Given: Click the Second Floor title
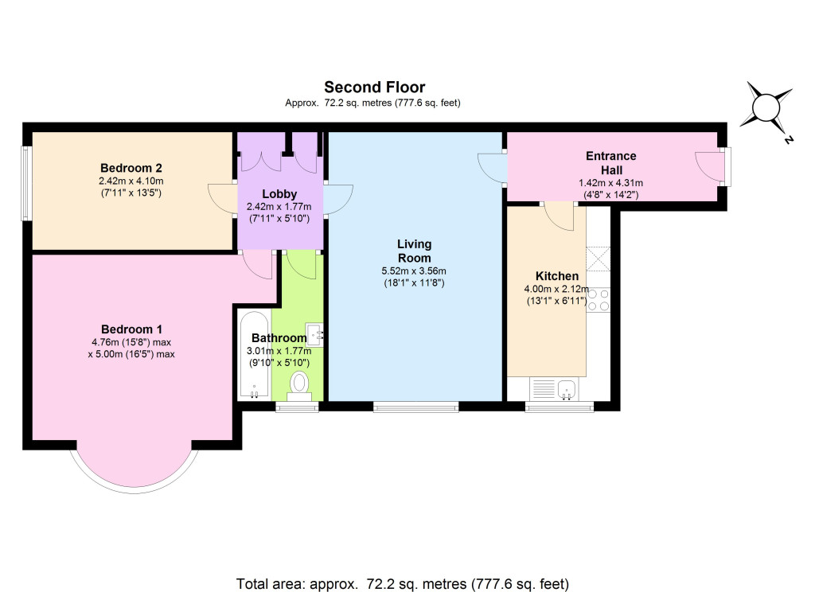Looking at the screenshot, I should point(374,88).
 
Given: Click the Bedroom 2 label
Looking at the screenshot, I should point(131,168).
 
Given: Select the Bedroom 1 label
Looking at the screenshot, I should point(131,329).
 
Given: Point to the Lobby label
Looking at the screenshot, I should point(279,193).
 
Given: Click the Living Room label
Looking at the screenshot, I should point(414,251).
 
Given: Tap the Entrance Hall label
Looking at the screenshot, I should point(610,163).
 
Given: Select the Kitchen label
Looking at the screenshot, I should point(557,276).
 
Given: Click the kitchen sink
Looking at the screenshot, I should point(567,389).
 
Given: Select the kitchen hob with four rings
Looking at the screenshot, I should point(598,298).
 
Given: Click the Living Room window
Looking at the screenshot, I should point(415,407).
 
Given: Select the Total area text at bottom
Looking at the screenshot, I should point(403,582).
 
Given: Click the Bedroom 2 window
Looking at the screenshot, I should point(26,183).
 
